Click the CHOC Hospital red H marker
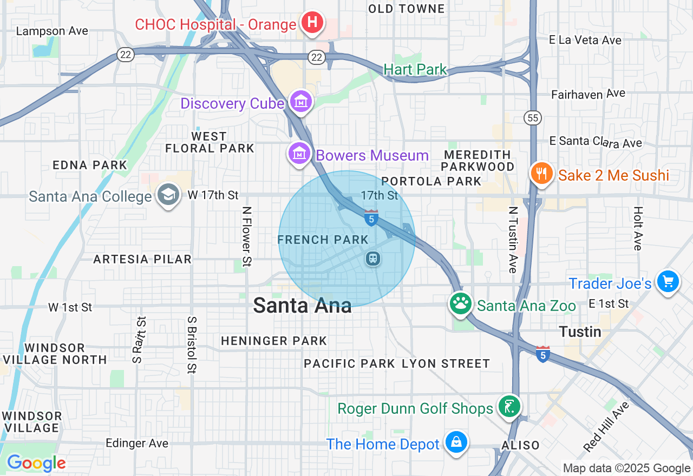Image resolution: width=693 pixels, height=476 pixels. pyautogui.click(x=312, y=23)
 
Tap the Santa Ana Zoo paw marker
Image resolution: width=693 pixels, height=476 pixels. pyautogui.click(x=461, y=303)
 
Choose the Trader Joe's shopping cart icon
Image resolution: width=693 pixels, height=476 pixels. pyautogui.click(x=668, y=282)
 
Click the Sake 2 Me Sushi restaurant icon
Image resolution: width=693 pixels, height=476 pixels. pyautogui.click(x=541, y=174)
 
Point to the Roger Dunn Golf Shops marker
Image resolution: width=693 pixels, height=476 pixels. pyautogui.click(x=509, y=407)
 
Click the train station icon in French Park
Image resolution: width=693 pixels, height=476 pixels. pyautogui.click(x=373, y=259)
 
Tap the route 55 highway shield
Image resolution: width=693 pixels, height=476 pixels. pyautogui.click(x=532, y=117)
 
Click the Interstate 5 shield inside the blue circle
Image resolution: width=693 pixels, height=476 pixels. pyautogui.click(x=371, y=218)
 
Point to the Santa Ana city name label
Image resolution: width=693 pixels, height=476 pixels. pyautogui.click(x=302, y=306)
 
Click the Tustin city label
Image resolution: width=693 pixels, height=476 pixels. pyautogui.click(x=580, y=332)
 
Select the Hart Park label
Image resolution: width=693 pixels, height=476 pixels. pyautogui.click(x=415, y=69)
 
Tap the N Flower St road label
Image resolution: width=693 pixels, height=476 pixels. pyautogui.click(x=247, y=236)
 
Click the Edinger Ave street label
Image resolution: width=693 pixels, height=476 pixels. pyautogui.click(x=137, y=443)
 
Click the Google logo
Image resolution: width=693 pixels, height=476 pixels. pyautogui.click(x=36, y=463)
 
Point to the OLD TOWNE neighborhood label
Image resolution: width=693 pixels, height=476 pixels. pyautogui.click(x=406, y=9)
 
